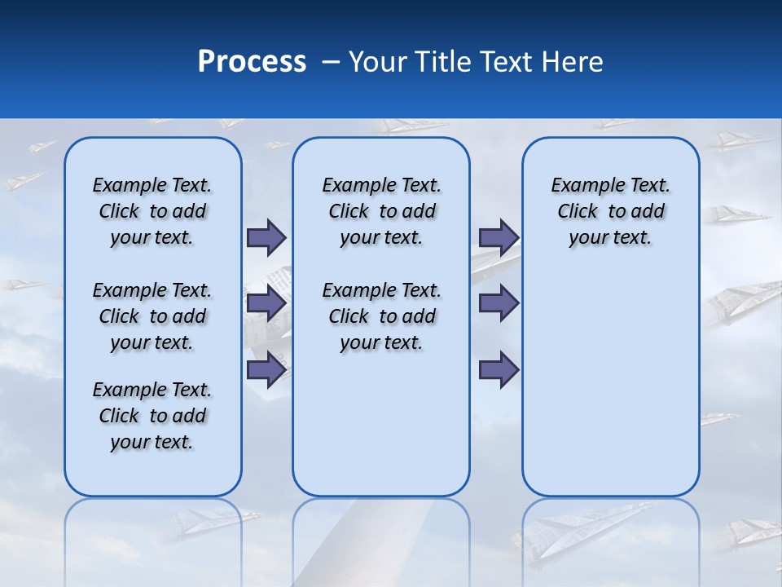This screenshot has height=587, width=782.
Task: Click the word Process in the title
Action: pos(252,62)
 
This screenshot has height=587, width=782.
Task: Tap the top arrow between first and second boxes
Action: pos(266,237)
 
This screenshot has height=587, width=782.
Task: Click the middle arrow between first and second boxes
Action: pos(266,303)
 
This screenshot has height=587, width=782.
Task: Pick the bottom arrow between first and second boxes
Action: pos(266,370)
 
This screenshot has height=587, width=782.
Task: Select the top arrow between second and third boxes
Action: pos(499,237)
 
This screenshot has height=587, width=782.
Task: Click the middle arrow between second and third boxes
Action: pos(499,303)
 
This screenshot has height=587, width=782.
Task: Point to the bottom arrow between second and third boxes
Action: pos(499,370)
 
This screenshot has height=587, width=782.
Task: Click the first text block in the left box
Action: pos(152,211)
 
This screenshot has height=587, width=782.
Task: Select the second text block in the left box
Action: pos(152,316)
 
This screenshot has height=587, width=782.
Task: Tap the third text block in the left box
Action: pos(152,416)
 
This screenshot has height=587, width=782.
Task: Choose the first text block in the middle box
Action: pos(381,211)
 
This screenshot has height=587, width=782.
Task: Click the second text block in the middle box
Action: pos(381,316)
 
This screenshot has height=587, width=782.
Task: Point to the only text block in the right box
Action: pos(610,211)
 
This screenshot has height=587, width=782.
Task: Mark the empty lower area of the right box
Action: pos(610,383)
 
